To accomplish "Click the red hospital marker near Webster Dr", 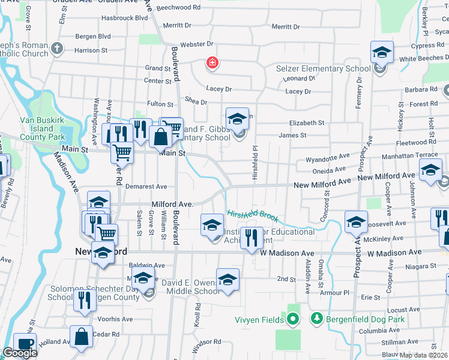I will (x=211, y=62).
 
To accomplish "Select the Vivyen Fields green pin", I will (x=293, y=319).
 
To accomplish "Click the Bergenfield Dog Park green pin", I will (x=316, y=319).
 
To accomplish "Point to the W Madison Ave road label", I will (x=287, y=253).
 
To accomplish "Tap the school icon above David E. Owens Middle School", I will (x=228, y=279).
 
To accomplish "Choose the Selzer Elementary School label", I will (x=323, y=68).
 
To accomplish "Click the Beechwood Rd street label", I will (x=179, y=7).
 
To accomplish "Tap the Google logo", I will (x=20, y=353).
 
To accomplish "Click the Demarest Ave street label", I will (x=145, y=187).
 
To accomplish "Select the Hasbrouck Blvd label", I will (x=125, y=18).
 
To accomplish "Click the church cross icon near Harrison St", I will (x=57, y=49).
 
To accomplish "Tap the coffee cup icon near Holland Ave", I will (x=25, y=344).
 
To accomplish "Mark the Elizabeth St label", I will (x=306, y=122).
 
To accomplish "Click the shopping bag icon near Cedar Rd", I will (x=81, y=337).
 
